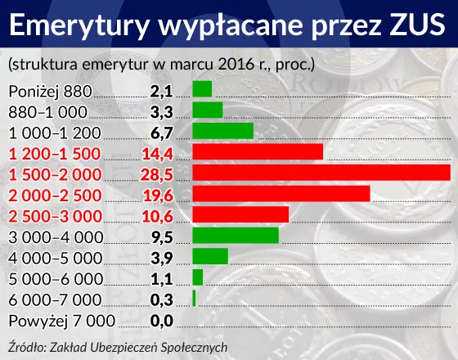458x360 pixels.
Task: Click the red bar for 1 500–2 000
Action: [x=321, y=173]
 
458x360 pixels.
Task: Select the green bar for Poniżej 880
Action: [x=202, y=88]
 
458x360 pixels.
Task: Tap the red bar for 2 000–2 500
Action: [x=281, y=193]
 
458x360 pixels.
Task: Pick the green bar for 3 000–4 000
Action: [x=236, y=236]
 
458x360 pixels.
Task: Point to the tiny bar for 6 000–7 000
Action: [x=194, y=299]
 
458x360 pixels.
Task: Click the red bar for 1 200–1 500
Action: [x=258, y=151]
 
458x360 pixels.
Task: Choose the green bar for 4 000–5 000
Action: [x=210, y=256]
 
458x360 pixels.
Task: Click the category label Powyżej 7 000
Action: [x=61, y=321]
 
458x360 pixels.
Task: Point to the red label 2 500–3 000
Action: [x=54, y=215]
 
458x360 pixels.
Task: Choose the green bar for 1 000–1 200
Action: [x=222, y=131]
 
